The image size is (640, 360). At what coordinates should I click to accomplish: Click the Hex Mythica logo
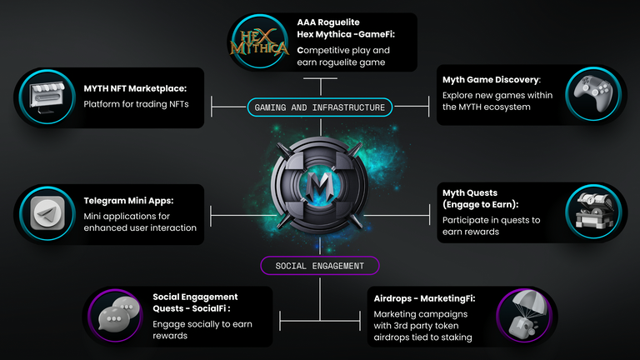tap(259, 42)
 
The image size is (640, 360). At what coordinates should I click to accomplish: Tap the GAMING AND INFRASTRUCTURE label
tap(320, 107)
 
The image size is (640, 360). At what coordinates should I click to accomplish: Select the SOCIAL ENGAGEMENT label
tap(320, 266)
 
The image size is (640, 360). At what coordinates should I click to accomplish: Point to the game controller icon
tap(593, 93)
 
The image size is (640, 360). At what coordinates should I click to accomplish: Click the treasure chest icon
tap(594, 211)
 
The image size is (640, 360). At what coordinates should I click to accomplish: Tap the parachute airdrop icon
tap(524, 315)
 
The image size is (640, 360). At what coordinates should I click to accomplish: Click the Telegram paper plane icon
tap(47, 213)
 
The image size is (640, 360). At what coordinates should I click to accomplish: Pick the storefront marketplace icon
tap(47, 97)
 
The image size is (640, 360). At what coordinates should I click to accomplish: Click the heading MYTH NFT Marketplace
tap(135, 88)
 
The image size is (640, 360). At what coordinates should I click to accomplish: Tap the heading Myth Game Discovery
tap(492, 80)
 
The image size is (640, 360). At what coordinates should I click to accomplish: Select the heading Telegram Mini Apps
tap(128, 201)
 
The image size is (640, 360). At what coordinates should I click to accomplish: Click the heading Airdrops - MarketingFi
tap(424, 298)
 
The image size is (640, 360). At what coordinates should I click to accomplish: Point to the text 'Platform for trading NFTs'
tap(137, 104)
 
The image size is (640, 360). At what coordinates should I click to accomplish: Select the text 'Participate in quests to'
tap(492, 220)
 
